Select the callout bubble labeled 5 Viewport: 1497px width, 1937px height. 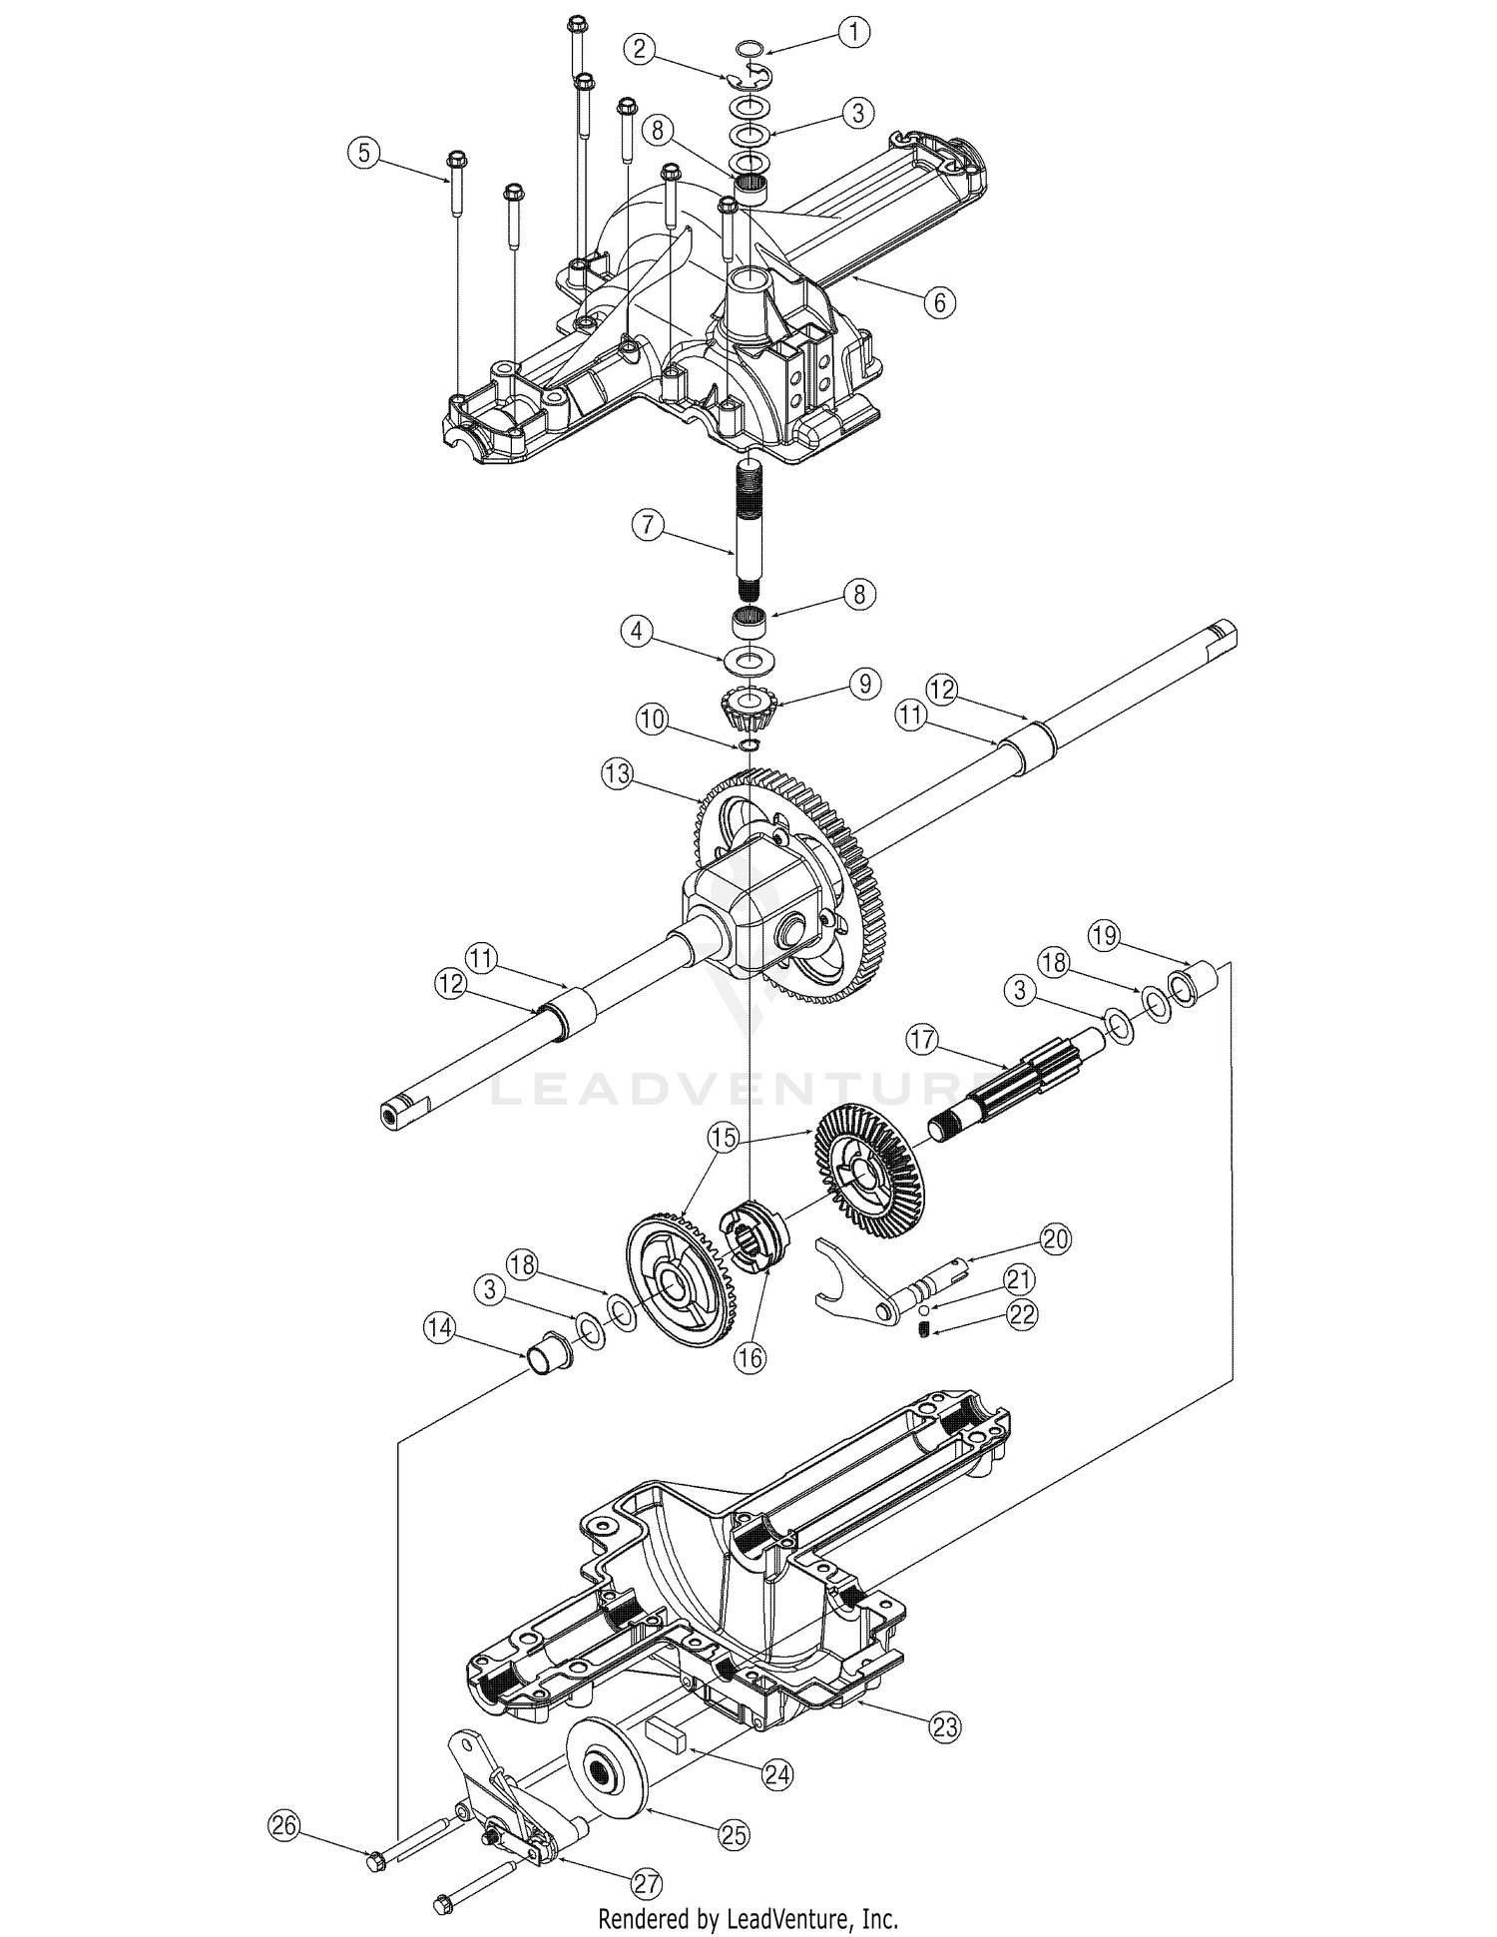click(364, 153)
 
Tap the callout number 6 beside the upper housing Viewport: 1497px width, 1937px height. click(939, 300)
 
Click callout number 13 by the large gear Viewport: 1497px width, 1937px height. click(618, 773)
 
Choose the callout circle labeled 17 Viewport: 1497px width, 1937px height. click(922, 1040)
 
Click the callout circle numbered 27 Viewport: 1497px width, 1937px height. click(646, 1884)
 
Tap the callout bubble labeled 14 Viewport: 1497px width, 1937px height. click(440, 1327)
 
